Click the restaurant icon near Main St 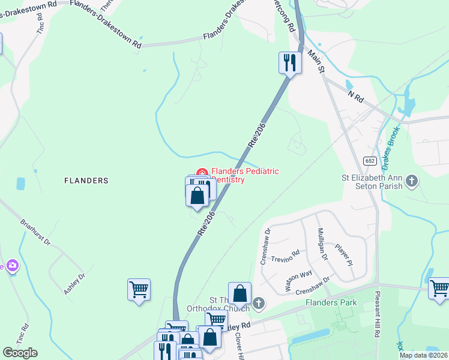(290, 62)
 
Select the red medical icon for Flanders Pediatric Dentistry (202, 174)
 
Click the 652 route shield (370, 160)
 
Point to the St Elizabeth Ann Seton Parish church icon (412, 181)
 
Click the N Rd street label (356, 95)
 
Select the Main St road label (317, 62)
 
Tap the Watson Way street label (298, 281)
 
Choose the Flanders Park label (331, 302)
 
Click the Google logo (20, 353)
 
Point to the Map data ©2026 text (423, 355)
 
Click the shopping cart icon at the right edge (439, 289)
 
